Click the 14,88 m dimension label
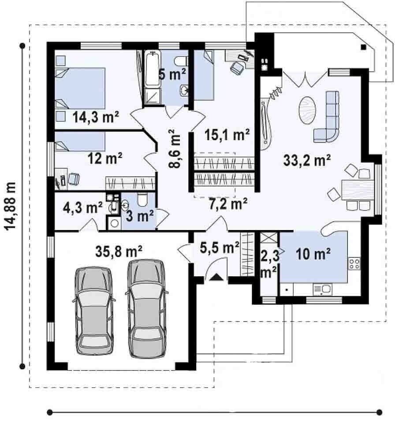10,206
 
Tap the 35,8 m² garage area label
119,251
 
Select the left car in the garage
94,311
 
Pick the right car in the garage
147,308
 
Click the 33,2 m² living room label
307,160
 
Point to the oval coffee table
307,110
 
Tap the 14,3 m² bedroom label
96,117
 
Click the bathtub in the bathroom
153,69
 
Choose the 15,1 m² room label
227,134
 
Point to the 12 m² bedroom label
105,158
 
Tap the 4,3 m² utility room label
82,208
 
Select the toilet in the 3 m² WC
142,199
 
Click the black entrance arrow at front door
216,277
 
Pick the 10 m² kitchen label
313,254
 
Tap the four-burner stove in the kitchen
354,264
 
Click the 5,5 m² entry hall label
220,247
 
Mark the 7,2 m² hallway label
228,204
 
